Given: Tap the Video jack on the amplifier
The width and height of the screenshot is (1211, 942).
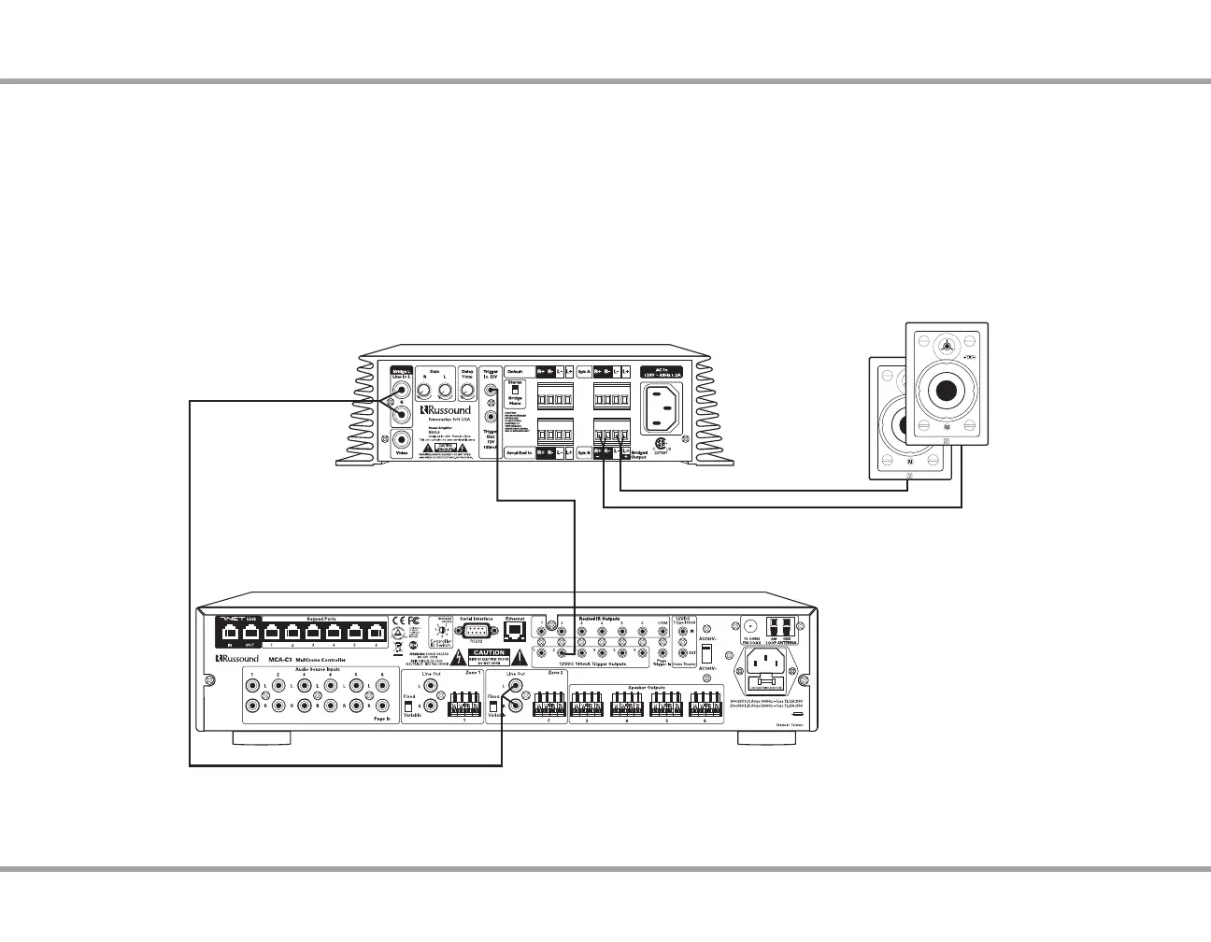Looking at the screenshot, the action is [402, 439].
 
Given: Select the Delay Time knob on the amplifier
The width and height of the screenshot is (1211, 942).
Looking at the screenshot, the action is [467, 391].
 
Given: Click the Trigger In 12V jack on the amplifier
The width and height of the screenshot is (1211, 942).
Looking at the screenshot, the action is [491, 392].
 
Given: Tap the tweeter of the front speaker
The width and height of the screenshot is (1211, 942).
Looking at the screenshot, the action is [947, 347].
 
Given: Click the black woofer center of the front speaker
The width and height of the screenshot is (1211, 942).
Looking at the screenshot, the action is [946, 390].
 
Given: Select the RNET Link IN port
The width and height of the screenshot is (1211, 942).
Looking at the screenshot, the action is [230, 631].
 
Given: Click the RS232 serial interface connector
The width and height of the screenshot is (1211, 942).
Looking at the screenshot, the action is [476, 632].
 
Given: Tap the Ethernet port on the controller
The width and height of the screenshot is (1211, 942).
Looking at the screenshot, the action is [514, 631].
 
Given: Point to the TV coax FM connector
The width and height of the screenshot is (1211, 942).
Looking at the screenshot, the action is [748, 626].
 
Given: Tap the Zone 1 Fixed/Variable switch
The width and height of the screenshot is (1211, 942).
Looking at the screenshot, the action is [408, 707].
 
